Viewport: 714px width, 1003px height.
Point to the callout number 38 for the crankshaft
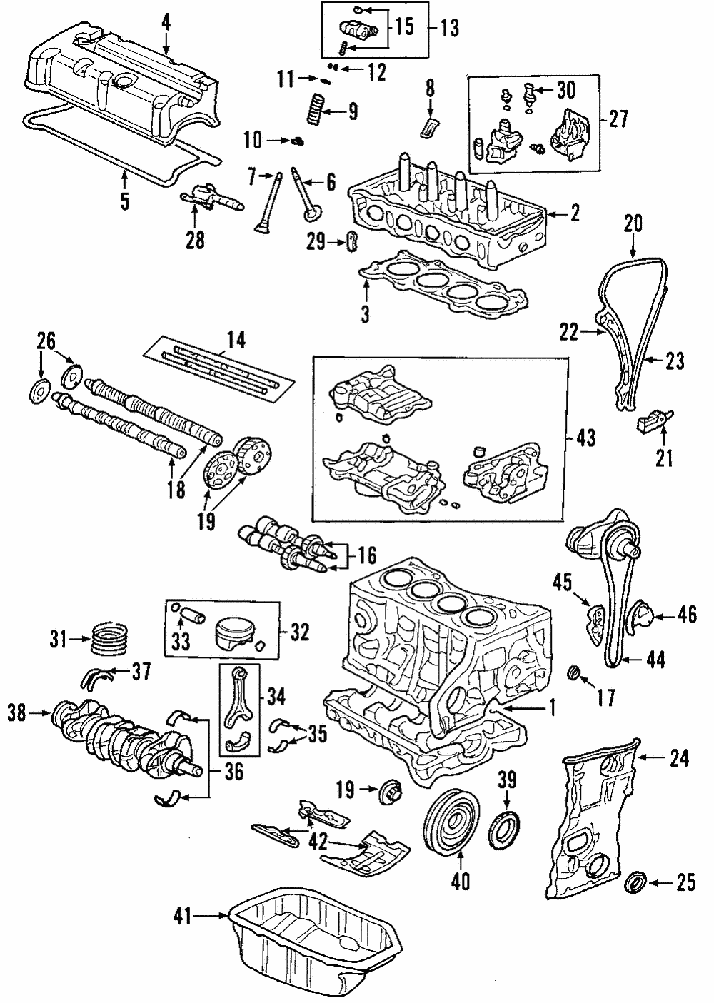pos(18,712)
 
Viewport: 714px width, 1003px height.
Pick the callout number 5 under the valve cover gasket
pos(124,202)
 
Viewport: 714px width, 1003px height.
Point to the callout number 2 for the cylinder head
pos(575,212)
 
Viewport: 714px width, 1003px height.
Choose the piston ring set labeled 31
pos(110,636)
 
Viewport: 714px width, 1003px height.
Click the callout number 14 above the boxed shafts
pos(236,341)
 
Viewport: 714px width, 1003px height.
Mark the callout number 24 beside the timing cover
pos(679,758)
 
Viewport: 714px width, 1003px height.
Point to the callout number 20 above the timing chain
pos(633,224)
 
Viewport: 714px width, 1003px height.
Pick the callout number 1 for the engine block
pos(551,707)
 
